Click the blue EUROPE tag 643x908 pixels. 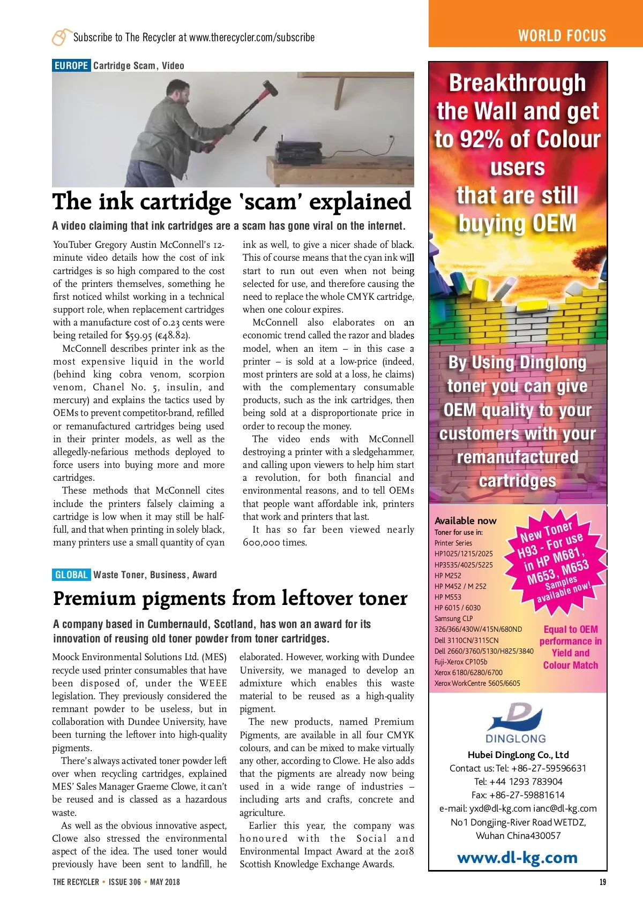tap(71, 66)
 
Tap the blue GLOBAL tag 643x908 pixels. tap(71, 574)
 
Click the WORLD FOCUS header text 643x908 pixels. tap(562, 36)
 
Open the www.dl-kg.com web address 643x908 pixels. tap(517, 858)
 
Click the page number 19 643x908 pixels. tap(603, 882)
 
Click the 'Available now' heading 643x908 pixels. tap(465, 520)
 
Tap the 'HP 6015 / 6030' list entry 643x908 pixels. tap(457, 608)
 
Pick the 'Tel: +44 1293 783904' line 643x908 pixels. tap(518, 782)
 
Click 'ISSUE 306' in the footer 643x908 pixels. tap(125, 882)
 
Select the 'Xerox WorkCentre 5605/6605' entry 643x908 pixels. tap(477, 683)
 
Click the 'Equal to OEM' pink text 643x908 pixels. tap(570, 630)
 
